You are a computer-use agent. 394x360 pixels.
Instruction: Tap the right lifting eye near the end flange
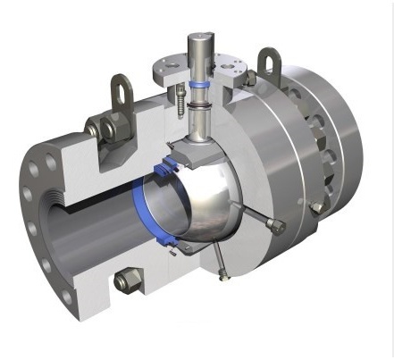tap(267, 62)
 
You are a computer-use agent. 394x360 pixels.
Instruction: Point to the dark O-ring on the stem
tap(197, 105)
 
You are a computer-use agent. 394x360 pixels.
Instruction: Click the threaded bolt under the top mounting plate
tap(182, 99)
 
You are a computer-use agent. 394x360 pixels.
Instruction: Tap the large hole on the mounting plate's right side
tap(231, 67)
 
